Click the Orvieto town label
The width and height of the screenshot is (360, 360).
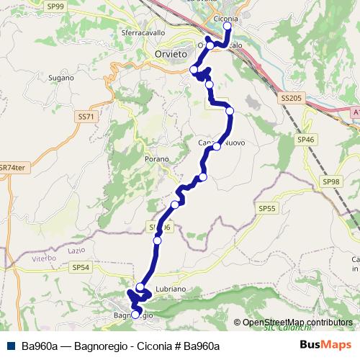[x=171, y=54]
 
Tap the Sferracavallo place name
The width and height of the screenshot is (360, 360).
[x=143, y=33]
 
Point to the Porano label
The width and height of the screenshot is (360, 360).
[x=156, y=158]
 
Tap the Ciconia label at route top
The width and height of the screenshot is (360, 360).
[x=226, y=18]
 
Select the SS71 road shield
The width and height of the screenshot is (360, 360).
[x=86, y=116]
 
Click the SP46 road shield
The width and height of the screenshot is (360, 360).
[x=305, y=139]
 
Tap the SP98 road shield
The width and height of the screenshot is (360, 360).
[x=331, y=182]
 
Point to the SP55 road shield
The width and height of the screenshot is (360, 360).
[x=266, y=208]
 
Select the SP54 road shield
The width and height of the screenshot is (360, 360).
[x=81, y=266]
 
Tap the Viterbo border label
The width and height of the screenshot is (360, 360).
[x=42, y=257]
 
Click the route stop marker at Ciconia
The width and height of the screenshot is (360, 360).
[x=228, y=27]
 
